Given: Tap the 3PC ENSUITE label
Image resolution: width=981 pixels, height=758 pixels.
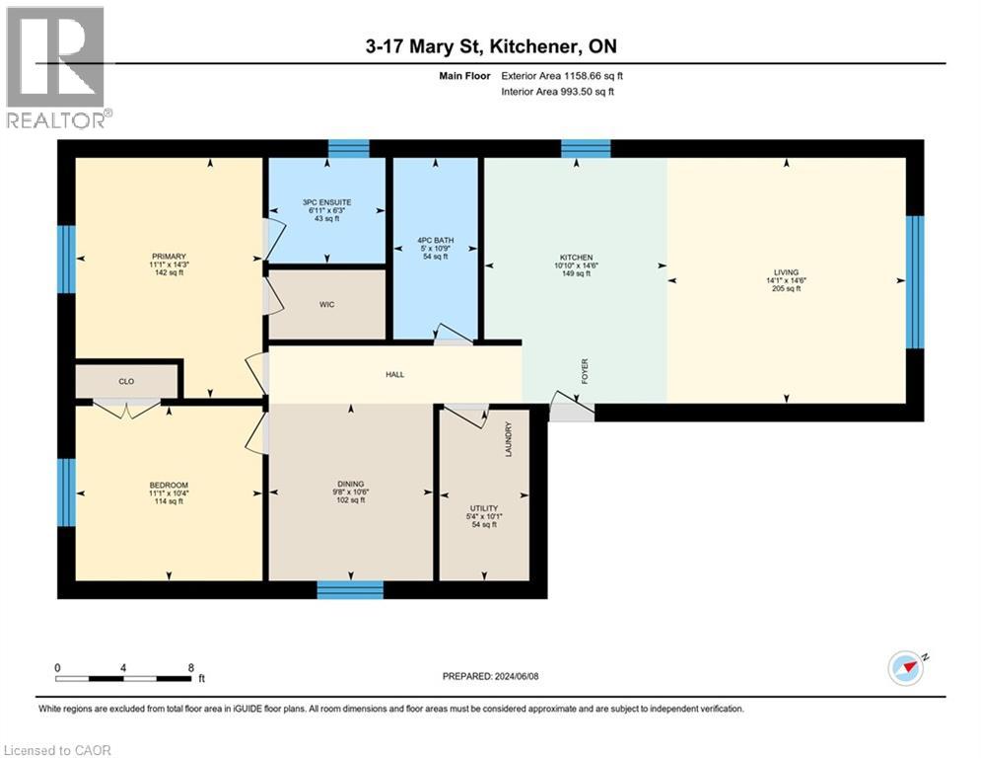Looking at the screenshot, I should coord(327,202).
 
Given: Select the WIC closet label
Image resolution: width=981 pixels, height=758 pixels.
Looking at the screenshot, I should coord(327,304).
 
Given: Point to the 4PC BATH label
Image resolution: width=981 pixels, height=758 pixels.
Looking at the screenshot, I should coord(435,240).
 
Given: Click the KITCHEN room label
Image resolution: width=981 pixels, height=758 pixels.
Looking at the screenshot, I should coord(574,257).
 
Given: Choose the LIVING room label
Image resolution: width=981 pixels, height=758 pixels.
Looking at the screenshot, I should coord(786,272).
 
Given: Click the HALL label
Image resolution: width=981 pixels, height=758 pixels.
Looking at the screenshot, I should coord(395,374).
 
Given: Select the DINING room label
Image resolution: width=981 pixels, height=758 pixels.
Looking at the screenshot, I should coord(351,484).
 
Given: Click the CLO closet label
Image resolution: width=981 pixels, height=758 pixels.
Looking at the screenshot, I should coord(126,380).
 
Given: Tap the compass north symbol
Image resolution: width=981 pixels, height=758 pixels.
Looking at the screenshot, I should coord(907,668).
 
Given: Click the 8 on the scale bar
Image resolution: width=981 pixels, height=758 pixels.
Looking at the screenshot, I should coord(189,667).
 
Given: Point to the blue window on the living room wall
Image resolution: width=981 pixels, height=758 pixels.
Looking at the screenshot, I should coord(914,282).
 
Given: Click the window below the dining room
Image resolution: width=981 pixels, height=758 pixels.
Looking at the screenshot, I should coord(350,589).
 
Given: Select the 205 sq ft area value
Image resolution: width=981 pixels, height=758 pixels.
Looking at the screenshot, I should coord(786,289).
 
